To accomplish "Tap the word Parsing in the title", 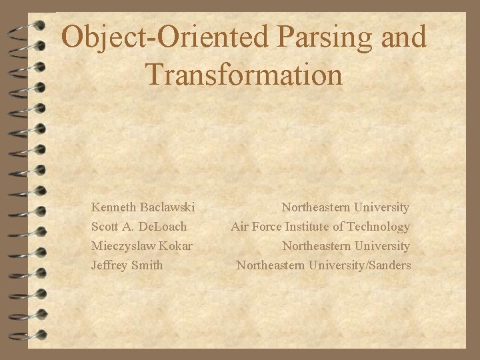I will click(x=317, y=37).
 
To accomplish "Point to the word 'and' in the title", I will click(x=399, y=37).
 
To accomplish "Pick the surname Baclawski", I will click(x=166, y=208).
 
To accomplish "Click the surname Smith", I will click(x=147, y=265).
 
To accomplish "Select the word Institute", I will click(x=309, y=227).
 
